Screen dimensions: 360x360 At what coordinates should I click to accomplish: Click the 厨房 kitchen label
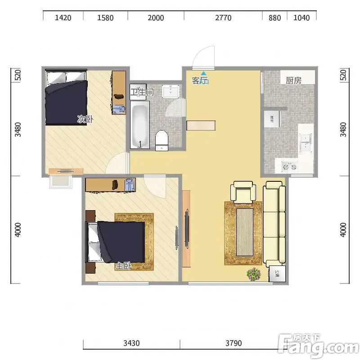[293, 81]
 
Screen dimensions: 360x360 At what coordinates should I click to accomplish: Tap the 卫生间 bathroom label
[142, 92]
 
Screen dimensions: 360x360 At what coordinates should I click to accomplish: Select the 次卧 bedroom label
[85, 119]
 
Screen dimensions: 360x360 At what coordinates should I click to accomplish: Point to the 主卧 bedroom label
[123, 266]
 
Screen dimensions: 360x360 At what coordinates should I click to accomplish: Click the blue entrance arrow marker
[203, 73]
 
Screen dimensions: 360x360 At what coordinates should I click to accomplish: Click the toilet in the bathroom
[162, 140]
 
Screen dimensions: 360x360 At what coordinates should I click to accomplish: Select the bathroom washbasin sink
[171, 91]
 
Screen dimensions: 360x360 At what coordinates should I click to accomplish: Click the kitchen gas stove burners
[290, 166]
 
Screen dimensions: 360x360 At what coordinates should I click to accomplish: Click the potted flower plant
[253, 274]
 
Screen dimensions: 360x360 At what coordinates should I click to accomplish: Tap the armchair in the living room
[243, 192]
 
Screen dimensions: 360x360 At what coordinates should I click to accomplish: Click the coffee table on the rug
[245, 232]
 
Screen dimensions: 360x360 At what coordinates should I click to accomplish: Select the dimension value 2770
[223, 18]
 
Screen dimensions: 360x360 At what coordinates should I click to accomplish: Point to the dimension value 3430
[131, 343]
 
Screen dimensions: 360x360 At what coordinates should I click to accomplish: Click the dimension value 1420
[63, 18]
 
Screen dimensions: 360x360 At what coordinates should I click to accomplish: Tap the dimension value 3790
[234, 343]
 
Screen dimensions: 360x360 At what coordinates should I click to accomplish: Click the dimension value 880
[274, 18]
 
